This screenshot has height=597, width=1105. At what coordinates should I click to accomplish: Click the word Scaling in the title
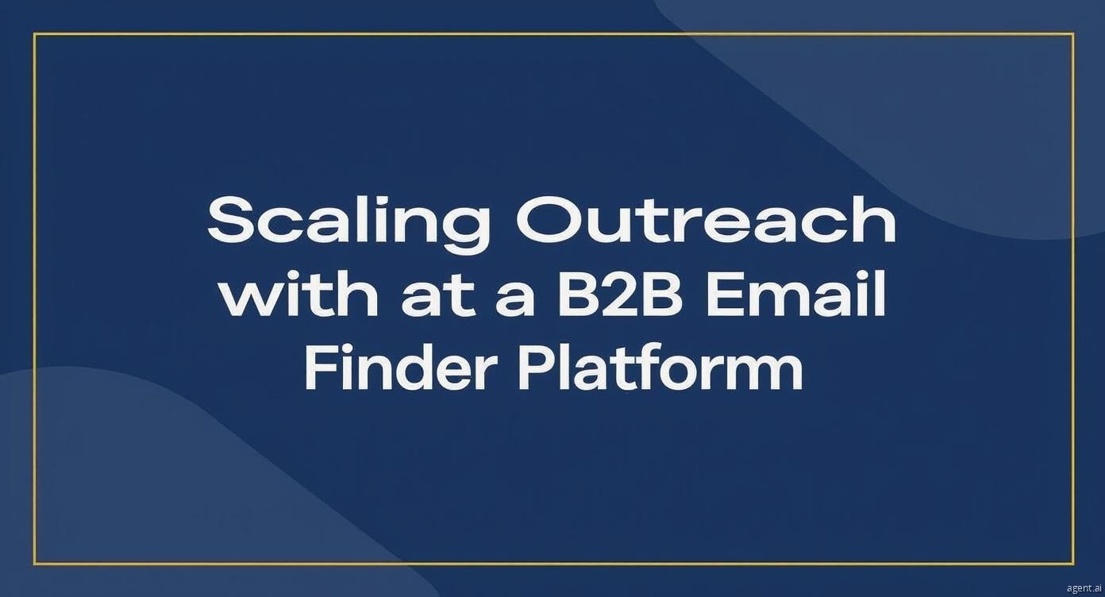click(x=348, y=225)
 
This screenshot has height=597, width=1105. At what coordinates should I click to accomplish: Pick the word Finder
click(x=399, y=367)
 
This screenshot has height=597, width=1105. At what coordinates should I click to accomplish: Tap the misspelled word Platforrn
click(x=660, y=367)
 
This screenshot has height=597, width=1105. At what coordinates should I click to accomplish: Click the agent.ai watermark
click(x=1084, y=588)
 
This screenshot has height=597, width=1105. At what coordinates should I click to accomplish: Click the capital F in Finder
click(x=322, y=367)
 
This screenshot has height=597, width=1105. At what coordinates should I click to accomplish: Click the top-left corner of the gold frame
click(x=35, y=33)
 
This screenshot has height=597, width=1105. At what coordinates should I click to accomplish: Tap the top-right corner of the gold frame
click(x=1073, y=33)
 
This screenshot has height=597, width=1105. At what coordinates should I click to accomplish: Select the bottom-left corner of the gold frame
click(x=35, y=564)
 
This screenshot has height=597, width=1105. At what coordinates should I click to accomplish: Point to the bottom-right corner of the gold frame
click(x=1073, y=564)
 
